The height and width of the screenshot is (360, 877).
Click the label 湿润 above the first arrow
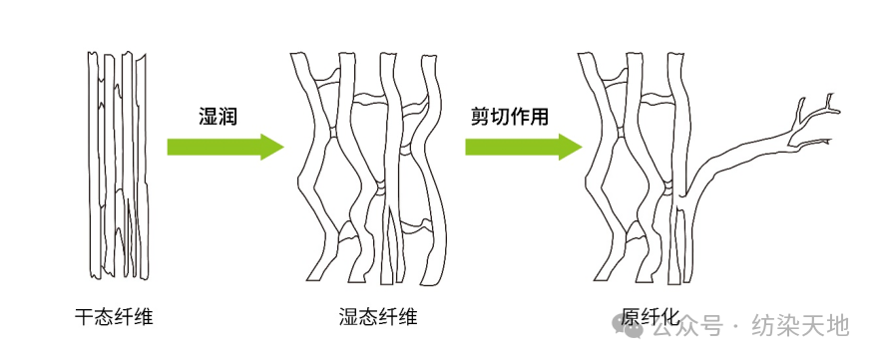pos(219,116)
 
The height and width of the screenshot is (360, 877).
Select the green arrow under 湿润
pos(224,147)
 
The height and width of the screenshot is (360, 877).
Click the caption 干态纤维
pos(114,317)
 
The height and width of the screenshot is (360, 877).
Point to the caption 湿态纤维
pos(378,317)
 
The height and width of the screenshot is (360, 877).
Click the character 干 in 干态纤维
pos(84,317)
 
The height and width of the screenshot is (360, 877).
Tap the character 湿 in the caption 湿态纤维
pos(348,317)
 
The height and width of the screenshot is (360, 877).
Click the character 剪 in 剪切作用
pos(481,116)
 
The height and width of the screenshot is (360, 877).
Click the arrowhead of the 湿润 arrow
pos(270,147)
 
